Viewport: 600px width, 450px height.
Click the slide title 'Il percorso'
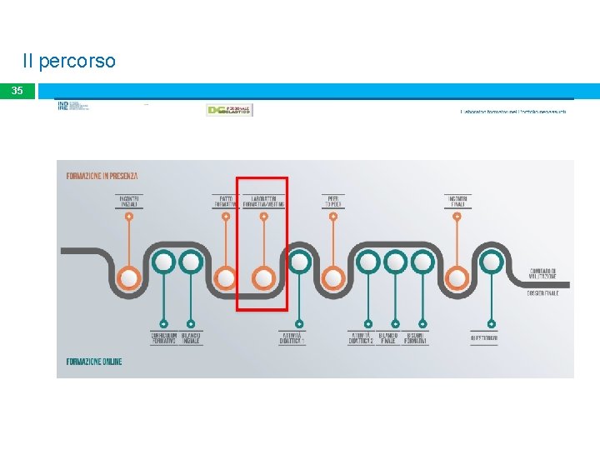[69, 62]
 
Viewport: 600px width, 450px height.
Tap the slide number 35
[17, 90]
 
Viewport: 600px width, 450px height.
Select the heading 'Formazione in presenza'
[102, 176]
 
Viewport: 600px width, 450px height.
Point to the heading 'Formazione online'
[93, 362]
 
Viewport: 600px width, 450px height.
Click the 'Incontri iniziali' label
[129, 201]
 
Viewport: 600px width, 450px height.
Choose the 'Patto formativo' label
[225, 201]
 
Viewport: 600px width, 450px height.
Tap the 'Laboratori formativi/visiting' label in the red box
[267, 201]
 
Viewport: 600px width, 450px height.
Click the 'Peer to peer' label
[333, 201]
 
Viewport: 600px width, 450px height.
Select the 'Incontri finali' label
[457, 201]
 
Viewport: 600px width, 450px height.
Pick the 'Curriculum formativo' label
[163, 338]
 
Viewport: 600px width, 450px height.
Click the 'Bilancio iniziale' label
[191, 338]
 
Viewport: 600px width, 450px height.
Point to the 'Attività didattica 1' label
[292, 338]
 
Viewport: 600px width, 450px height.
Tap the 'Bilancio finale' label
[387, 338]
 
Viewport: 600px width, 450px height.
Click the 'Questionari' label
[484, 338]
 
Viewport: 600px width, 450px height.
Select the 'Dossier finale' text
[542, 293]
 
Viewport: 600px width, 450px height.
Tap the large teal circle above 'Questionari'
[492, 262]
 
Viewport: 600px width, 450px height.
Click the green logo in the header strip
[228, 110]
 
